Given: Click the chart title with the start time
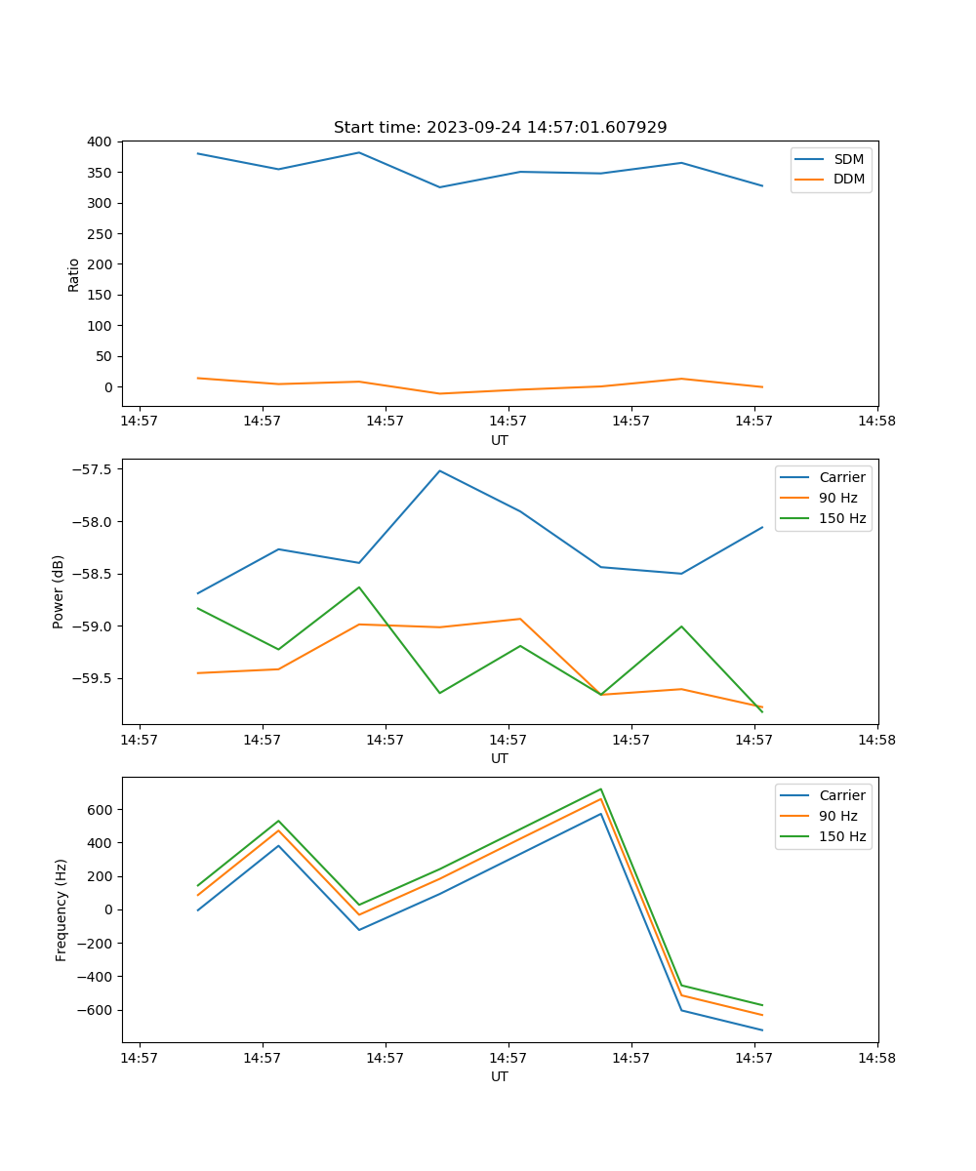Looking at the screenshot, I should point(500,128).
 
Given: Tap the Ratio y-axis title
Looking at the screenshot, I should point(73,274).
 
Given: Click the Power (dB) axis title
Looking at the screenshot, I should point(59,591).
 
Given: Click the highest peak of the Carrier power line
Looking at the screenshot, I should point(440,470).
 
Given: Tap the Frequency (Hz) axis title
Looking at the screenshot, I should point(61,909).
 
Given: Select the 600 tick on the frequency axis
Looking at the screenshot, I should point(101,810).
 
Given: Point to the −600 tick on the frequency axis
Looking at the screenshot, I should point(96,1010).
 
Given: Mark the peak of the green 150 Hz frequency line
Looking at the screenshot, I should point(601,788).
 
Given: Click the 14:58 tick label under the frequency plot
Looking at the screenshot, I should point(876,1056).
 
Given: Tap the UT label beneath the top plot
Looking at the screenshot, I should point(500,440).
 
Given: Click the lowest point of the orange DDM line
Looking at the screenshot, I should point(440,394).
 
